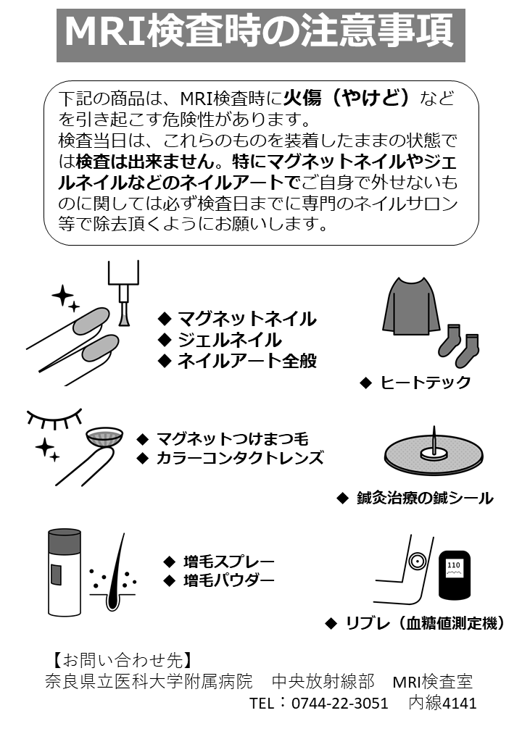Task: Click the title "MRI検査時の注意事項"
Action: (x=260, y=32)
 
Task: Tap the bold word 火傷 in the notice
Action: (x=303, y=97)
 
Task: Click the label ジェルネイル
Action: (x=229, y=339)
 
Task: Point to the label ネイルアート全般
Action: (x=246, y=360)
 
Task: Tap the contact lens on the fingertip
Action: (x=103, y=438)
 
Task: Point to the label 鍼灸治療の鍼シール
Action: (x=424, y=498)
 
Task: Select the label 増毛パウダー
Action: (x=228, y=580)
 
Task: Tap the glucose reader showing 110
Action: (x=455, y=576)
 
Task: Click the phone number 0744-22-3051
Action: (x=339, y=703)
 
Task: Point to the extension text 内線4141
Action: (x=442, y=703)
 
